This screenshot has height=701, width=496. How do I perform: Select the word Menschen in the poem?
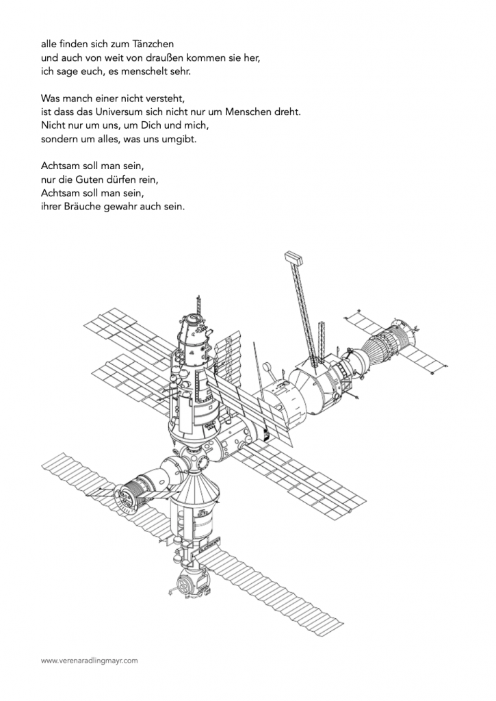(x=246, y=112)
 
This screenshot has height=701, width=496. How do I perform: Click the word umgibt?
(x=181, y=140)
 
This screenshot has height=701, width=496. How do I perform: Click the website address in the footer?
(x=90, y=661)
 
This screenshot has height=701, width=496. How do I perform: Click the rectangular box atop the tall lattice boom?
(x=293, y=257)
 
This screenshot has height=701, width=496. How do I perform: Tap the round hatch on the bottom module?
(x=184, y=584)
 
